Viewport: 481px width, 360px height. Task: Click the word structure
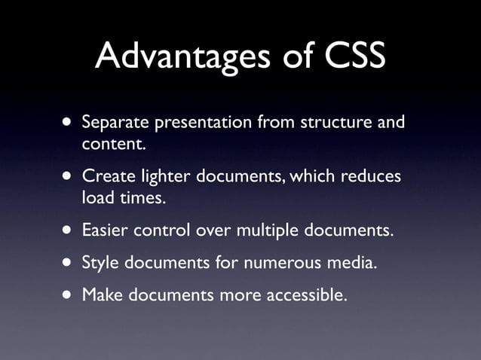(332, 122)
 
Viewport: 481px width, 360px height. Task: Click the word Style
(99, 264)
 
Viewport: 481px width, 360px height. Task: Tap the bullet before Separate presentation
(69, 121)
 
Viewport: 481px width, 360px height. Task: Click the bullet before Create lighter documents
(69, 177)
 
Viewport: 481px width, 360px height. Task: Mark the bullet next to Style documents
(69, 263)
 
